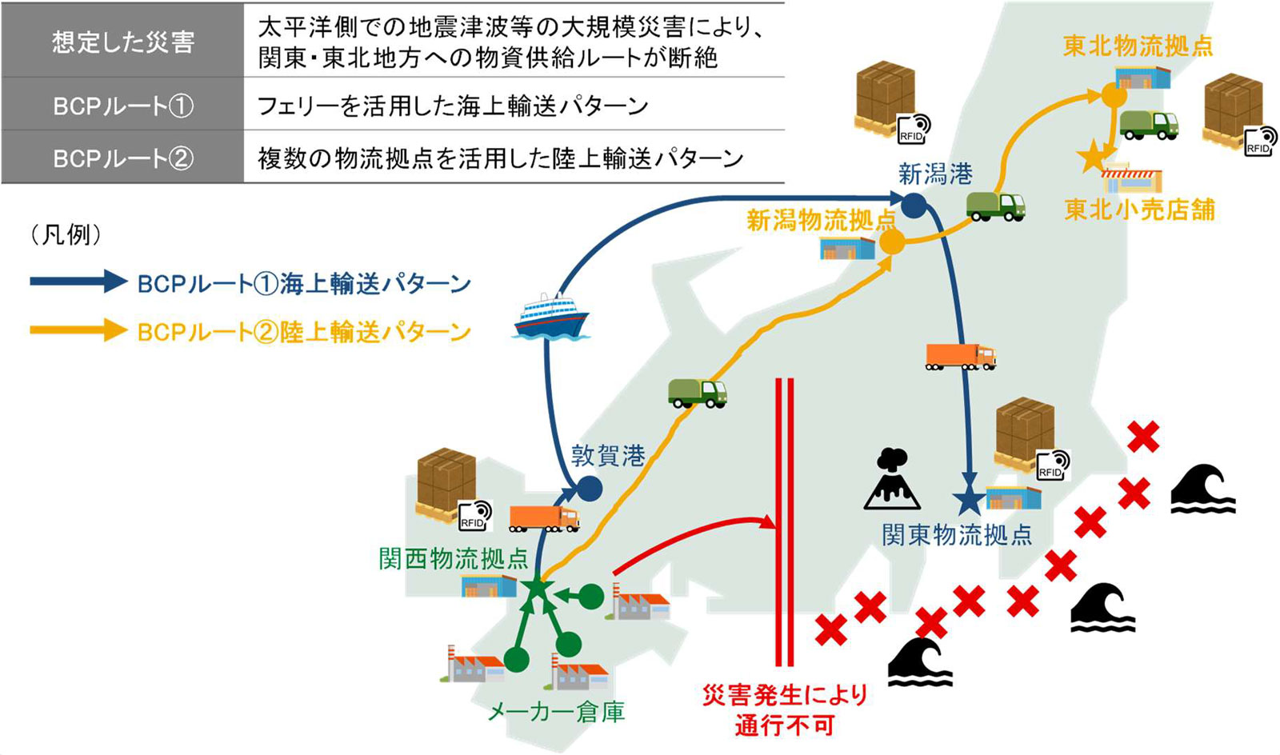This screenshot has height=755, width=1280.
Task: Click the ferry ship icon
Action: point(551,316)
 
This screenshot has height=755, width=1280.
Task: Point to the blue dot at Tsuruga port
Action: point(590,489)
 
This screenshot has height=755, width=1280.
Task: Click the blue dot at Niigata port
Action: point(914,206)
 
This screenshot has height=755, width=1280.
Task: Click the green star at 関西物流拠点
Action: point(537,588)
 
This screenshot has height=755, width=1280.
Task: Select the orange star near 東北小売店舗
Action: point(1092,155)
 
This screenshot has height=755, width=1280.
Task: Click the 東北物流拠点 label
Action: point(1138,46)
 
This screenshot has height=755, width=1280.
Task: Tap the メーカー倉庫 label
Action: point(557,712)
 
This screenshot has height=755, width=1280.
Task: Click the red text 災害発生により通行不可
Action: point(785,710)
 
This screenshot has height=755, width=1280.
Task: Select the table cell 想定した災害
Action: point(123,41)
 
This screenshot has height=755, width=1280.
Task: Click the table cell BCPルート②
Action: point(123,157)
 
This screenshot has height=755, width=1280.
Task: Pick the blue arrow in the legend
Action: point(79,281)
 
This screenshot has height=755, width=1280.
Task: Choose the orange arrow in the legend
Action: point(79,330)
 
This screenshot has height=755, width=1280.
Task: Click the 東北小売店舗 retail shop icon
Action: point(1131,178)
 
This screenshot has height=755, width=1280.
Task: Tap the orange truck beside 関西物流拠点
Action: point(544,518)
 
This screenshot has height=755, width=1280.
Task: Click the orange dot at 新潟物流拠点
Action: point(892,242)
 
